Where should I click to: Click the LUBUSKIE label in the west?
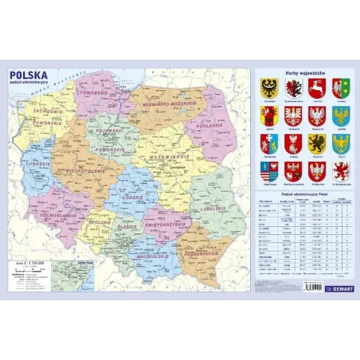pos(33,166)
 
